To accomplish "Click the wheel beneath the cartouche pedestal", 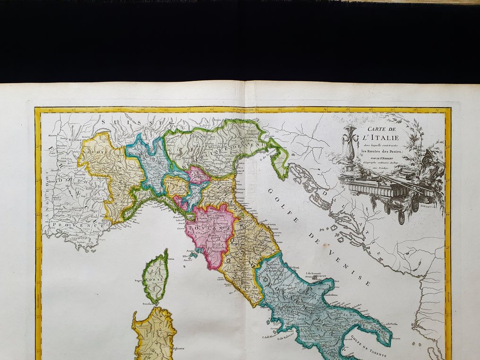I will [401, 217].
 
